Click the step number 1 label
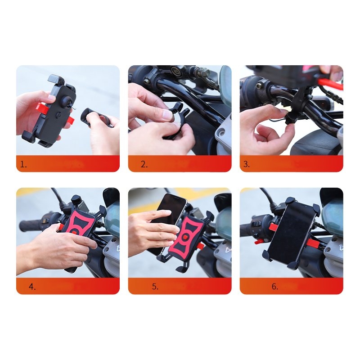[x=23, y=164]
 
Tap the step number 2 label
[x=144, y=164]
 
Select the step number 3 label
[x=246, y=164]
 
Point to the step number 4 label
[x=32, y=287]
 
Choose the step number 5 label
[x=155, y=287]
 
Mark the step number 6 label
[x=275, y=287]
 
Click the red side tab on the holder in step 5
[x=200, y=246]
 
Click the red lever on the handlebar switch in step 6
[x=260, y=242]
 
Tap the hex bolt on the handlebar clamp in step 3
[x=259, y=85]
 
